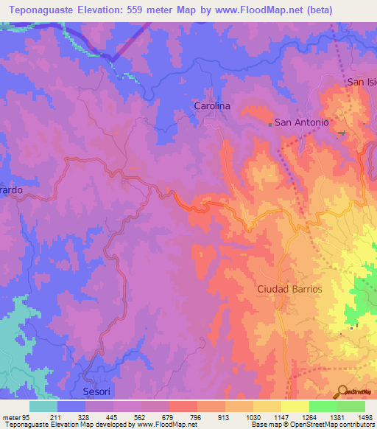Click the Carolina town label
212,106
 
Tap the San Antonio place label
301,122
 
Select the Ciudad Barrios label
289,289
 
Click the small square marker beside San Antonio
270,124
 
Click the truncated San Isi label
361,82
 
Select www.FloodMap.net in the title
251,10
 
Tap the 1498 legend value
365,416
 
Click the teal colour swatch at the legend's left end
43,406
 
